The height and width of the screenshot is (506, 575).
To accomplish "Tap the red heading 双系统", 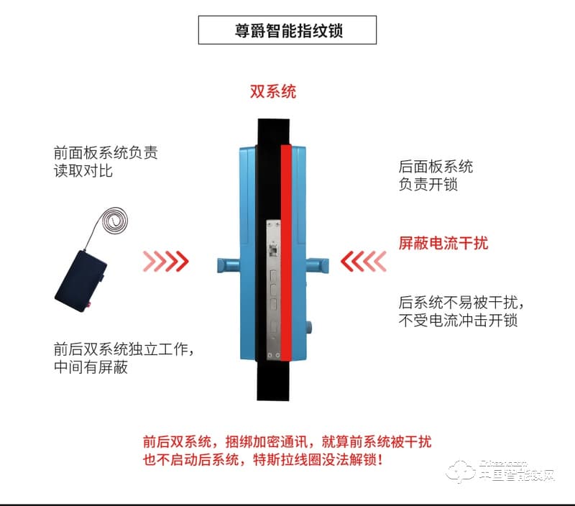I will pos(272,92).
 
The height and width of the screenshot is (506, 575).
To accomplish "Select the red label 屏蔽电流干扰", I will pos(443,243).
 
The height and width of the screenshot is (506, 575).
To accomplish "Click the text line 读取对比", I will pos(83,171).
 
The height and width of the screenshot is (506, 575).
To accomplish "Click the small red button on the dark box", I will pos(88,305).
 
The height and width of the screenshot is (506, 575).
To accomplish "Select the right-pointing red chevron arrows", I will pos(166,261).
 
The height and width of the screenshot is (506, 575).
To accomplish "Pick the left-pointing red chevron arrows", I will pos(364,261).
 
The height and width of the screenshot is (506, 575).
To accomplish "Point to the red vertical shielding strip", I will pos(285,252).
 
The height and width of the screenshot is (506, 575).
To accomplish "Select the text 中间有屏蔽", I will pos(91,368).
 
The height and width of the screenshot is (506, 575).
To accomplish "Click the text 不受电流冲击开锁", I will pos(457,321).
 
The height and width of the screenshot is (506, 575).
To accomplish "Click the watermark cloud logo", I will pos(461,471).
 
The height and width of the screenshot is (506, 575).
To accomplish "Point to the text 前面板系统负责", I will pos(106,153).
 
